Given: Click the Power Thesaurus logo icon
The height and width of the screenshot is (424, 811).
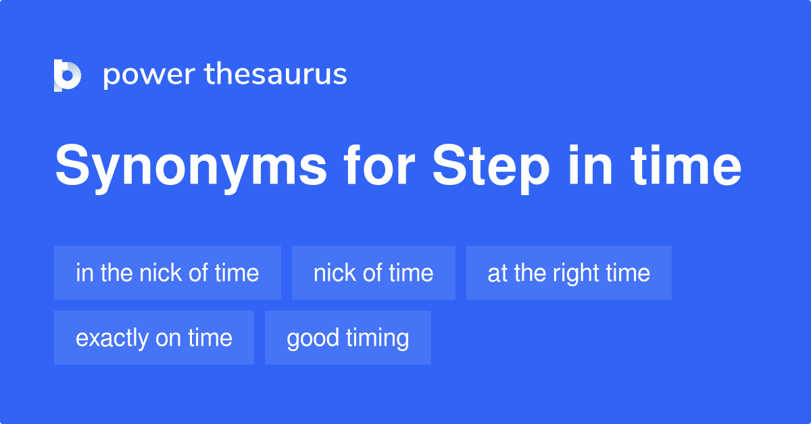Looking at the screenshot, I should tap(68, 75).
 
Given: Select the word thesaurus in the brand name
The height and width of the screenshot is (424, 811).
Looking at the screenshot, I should tap(276, 74).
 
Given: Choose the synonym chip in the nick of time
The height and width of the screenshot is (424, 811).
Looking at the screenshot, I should tap(168, 273).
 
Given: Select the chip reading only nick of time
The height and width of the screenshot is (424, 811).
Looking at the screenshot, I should tap(374, 273).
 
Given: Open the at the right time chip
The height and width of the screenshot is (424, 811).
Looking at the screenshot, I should tap(569, 273).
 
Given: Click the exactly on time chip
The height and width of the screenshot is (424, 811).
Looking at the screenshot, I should tap(154, 338).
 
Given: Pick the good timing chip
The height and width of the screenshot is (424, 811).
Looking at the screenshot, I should tap(348, 338).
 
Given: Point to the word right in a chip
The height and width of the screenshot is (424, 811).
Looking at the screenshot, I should tap(572, 273).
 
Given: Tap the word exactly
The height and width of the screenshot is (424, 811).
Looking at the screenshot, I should tap(112, 338).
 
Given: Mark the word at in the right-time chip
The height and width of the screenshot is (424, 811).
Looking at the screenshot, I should tap(497, 273).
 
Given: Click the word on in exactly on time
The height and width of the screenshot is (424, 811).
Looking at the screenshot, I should tap(170, 338).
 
